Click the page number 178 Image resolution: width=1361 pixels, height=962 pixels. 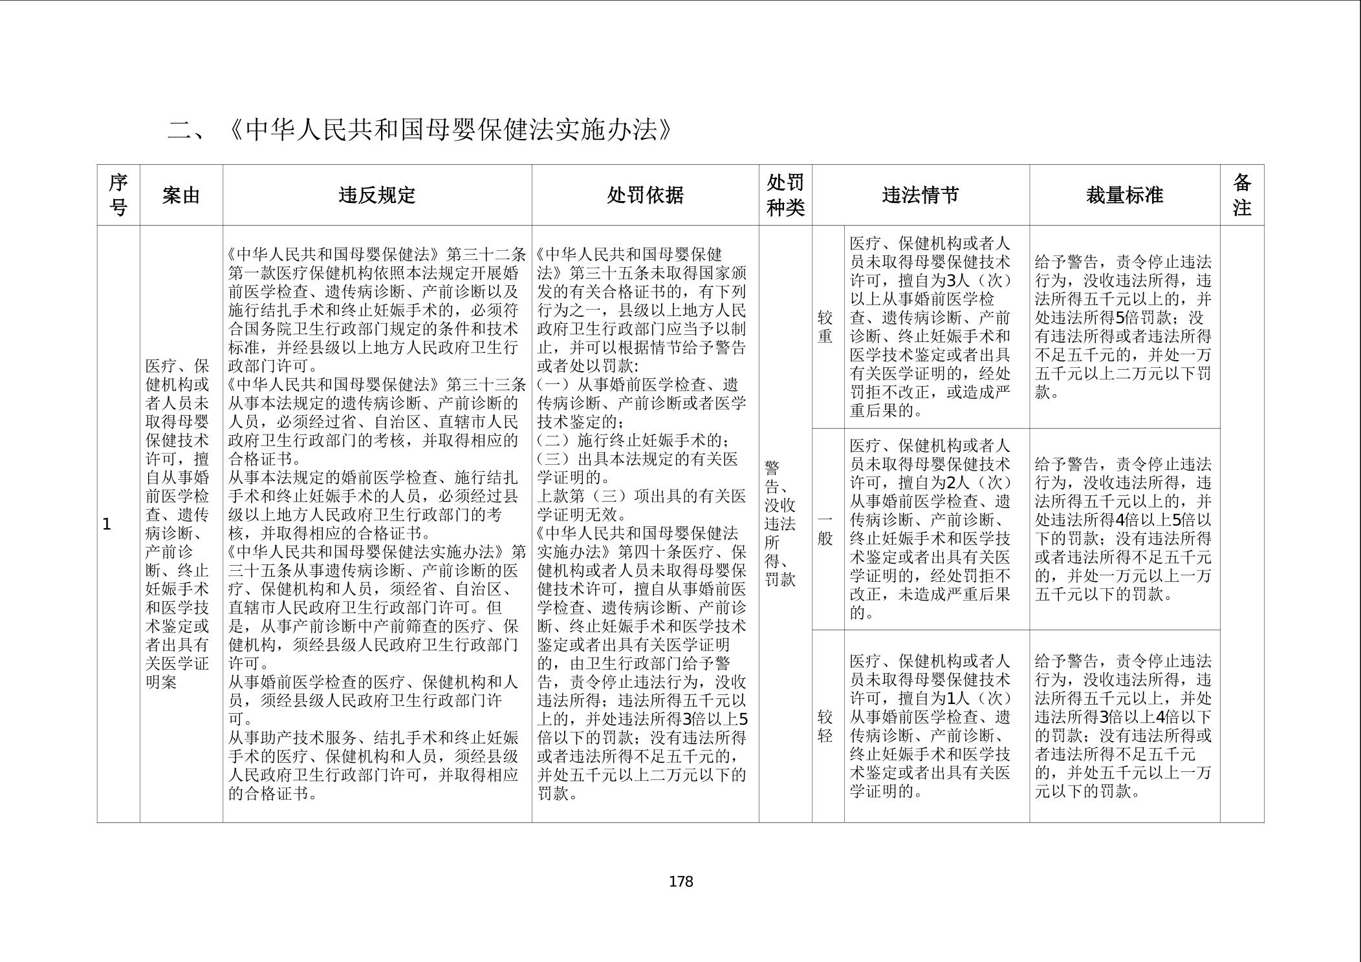tap(680, 882)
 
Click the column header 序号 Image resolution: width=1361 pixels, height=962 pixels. tap(118, 195)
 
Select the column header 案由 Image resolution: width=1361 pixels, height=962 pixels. tap(181, 195)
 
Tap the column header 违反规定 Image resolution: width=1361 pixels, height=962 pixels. tap(377, 195)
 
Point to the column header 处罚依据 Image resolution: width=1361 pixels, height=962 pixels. tap(645, 195)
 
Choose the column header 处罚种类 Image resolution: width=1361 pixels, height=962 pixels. tap(785, 195)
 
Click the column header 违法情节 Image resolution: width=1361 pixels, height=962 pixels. tap(920, 195)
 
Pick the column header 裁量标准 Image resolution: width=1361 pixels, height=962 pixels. tap(1124, 195)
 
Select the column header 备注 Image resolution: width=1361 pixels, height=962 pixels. tap(1241, 195)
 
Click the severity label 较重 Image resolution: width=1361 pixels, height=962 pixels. tap(825, 327)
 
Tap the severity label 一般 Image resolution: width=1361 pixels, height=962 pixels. tap(825, 529)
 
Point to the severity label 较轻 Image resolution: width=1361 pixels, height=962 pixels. tap(825, 726)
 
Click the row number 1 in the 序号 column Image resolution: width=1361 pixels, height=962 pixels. tap(107, 524)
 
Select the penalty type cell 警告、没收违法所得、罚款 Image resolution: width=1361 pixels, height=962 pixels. tap(780, 524)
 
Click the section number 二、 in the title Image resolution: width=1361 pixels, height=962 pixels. tap(186, 131)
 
